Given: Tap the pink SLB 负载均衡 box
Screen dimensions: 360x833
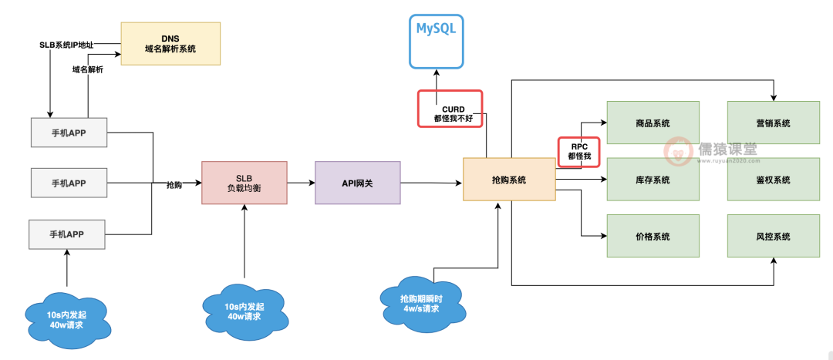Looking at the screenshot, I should (x=244, y=183).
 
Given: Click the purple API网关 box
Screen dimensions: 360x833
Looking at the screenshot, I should (x=357, y=183).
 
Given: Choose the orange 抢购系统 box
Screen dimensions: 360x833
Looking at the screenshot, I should (x=508, y=180).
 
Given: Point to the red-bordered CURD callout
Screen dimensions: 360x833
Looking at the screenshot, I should (x=450, y=109).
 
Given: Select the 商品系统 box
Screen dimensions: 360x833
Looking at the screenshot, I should (x=653, y=123).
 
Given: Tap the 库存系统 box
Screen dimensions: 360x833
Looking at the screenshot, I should (x=653, y=180).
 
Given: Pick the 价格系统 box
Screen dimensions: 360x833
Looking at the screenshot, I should (x=653, y=236).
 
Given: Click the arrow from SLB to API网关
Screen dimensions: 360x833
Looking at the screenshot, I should (x=301, y=183).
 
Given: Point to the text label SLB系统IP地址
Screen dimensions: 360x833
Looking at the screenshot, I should (x=66, y=45).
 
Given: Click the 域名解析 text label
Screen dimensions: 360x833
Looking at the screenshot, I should (x=86, y=69).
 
